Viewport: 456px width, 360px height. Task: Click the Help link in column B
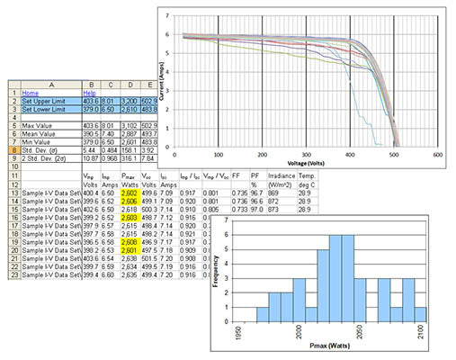pos(89,92)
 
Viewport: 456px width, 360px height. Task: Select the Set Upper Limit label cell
pos(45,100)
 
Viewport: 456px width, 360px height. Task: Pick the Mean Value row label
pos(40,131)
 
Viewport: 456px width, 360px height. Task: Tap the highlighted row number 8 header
pos(13,148)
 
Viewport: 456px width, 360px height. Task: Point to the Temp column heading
pos(301,179)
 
